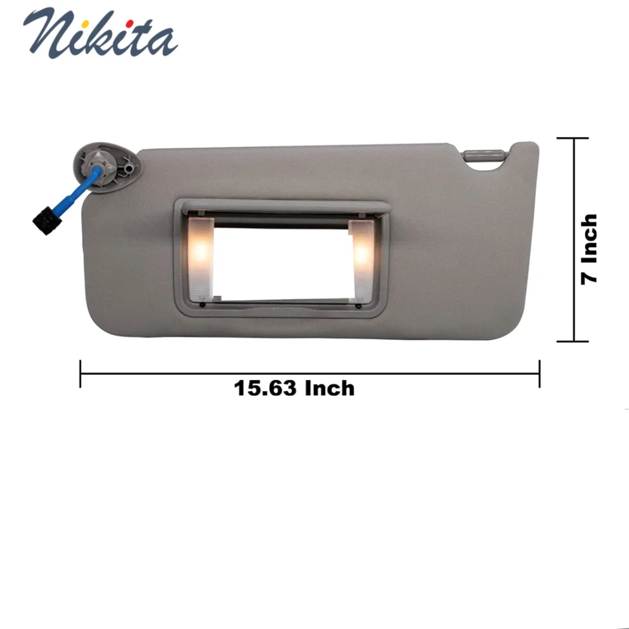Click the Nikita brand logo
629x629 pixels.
[100, 33]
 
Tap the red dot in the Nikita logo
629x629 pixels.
[129, 24]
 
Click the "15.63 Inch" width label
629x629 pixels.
[294, 389]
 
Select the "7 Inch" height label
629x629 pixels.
[589, 249]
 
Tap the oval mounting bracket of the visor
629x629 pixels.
[107, 164]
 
